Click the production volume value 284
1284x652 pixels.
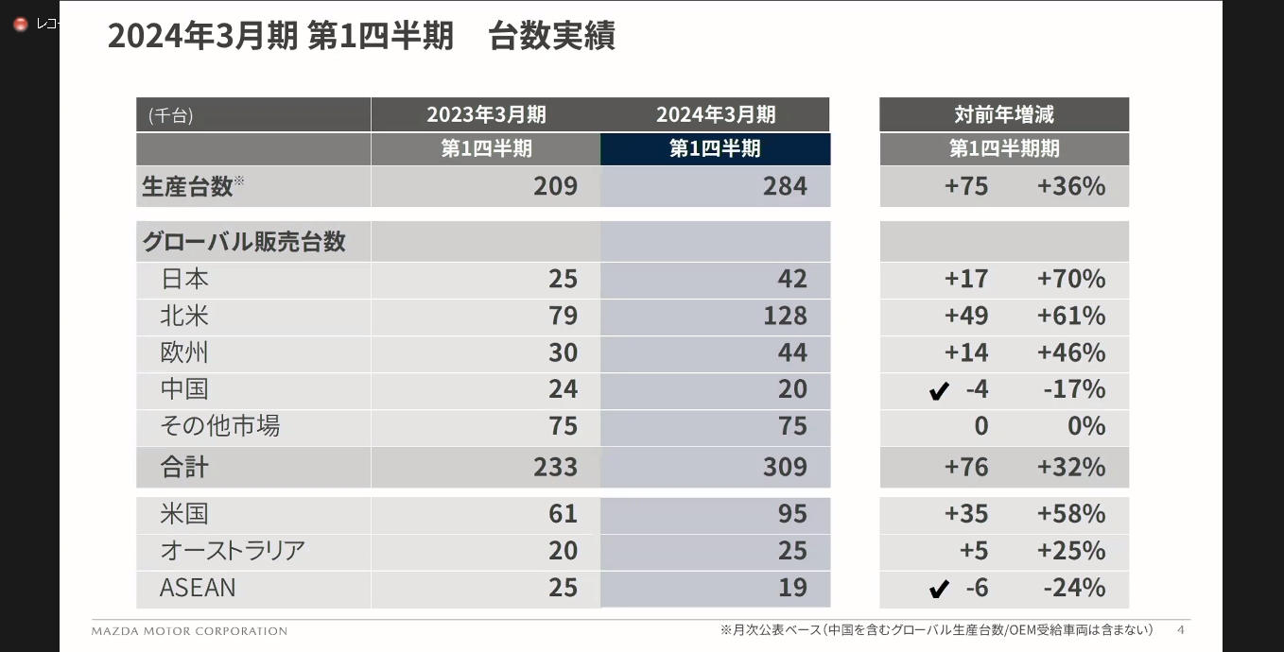pyautogui.click(x=785, y=186)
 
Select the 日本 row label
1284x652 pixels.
pyautogui.click(x=184, y=279)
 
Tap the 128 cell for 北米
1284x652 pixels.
pyautogui.click(x=785, y=316)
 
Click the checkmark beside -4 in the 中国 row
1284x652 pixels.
pyautogui.click(x=939, y=391)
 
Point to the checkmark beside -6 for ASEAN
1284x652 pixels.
pyautogui.click(x=939, y=590)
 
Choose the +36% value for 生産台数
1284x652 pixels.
pyautogui.click(x=1070, y=186)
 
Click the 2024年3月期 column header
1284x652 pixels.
pyautogui.click(x=716, y=114)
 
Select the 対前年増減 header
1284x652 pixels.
pyautogui.click(x=1004, y=114)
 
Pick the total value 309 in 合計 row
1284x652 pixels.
pyautogui.click(x=785, y=467)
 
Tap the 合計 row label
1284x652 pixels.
pyautogui.click(x=184, y=467)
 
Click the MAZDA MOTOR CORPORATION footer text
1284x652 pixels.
pyautogui.click(x=189, y=630)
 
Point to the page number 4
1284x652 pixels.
pyautogui.click(x=1180, y=630)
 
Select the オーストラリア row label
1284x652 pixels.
pyautogui.click(x=233, y=551)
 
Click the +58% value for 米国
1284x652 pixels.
pyautogui.click(x=1070, y=514)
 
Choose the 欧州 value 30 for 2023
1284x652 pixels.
pyautogui.click(x=563, y=352)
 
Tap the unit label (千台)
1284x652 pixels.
pyautogui.click(x=170, y=115)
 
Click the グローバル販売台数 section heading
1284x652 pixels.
pyautogui.click(x=244, y=242)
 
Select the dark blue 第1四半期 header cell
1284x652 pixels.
pyautogui.click(x=715, y=149)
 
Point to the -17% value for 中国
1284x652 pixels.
pyautogui.click(x=1074, y=389)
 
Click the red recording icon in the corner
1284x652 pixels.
pyautogui.click(x=21, y=25)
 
